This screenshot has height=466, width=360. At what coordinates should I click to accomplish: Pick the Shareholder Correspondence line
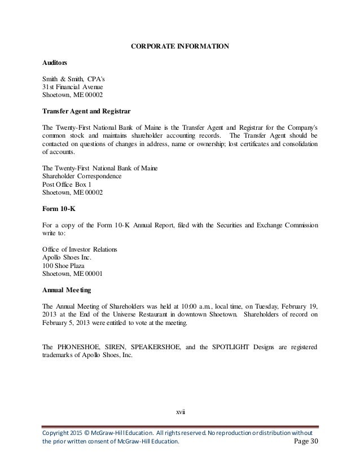coord(82,175)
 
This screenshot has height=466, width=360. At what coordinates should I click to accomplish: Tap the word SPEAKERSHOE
coord(166,346)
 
